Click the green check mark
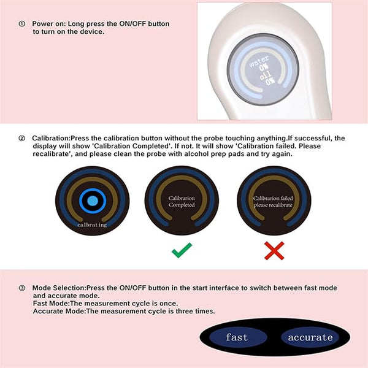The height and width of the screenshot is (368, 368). point(182,251)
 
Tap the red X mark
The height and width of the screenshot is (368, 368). point(274,251)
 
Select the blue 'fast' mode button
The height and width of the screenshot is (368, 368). point(237,337)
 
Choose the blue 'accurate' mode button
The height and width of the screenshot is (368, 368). point(310,337)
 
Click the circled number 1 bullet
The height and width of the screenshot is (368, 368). point(22,24)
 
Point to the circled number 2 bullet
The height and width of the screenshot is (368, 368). point(22,138)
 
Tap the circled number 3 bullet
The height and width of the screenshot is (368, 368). point(22,288)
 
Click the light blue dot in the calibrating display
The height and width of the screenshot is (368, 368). point(93,201)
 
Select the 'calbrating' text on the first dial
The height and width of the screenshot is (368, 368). point(92,225)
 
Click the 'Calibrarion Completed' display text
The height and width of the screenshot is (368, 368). point(182,202)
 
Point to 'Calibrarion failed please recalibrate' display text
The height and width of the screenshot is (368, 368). point(273,202)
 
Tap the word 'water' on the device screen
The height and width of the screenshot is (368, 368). point(259,61)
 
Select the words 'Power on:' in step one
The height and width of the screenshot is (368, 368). point(49,24)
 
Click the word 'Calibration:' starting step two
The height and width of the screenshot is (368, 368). point(52,138)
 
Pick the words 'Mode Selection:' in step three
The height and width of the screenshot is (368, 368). point(59,288)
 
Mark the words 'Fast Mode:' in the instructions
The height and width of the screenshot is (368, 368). point(52,304)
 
